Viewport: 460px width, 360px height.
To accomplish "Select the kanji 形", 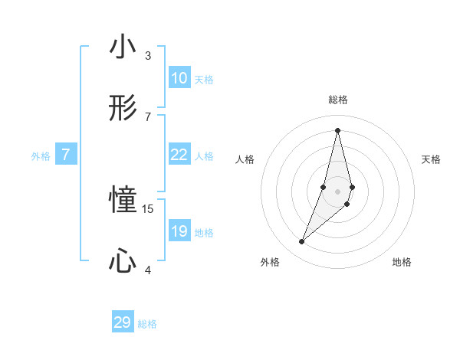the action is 123,109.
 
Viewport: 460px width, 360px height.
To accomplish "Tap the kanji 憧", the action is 123,201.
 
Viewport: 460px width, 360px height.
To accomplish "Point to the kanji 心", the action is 123,261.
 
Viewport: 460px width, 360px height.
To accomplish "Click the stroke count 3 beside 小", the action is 148,55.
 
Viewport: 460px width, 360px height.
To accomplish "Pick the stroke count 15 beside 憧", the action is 149,208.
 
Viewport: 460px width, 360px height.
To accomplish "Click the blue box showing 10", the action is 179,78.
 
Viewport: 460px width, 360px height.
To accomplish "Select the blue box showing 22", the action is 179,155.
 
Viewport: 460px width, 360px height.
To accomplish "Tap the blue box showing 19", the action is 179,231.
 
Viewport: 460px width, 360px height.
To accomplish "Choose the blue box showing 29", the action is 123,322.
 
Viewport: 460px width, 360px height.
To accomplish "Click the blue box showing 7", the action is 66,155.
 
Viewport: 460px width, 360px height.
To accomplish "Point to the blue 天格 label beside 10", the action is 204,80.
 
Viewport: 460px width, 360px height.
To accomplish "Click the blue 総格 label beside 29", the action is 147,324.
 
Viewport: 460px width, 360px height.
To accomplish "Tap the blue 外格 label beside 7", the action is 41,156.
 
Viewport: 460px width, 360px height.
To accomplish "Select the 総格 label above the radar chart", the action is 337,100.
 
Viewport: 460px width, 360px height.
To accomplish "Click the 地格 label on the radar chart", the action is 402,262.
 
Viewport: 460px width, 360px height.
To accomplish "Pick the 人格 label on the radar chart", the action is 245,159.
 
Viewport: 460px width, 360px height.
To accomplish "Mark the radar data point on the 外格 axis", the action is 302,242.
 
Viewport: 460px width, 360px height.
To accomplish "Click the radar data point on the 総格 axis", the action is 337,129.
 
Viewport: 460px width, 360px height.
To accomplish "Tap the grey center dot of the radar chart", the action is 337,191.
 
